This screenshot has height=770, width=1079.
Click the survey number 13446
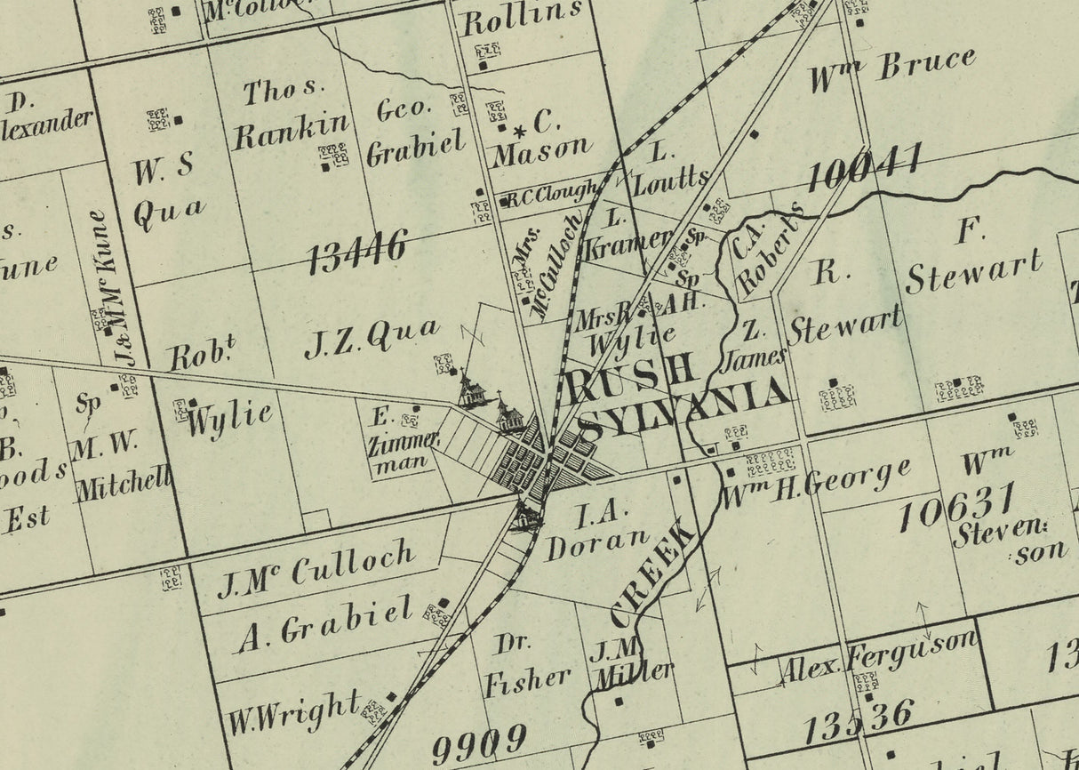357,252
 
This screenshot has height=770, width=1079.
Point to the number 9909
479,745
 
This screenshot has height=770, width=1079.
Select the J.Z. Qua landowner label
372,337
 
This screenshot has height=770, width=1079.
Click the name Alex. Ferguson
878,654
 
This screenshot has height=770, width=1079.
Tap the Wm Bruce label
891,69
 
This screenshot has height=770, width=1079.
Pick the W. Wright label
293,713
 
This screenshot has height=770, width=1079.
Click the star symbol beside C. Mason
521,130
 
